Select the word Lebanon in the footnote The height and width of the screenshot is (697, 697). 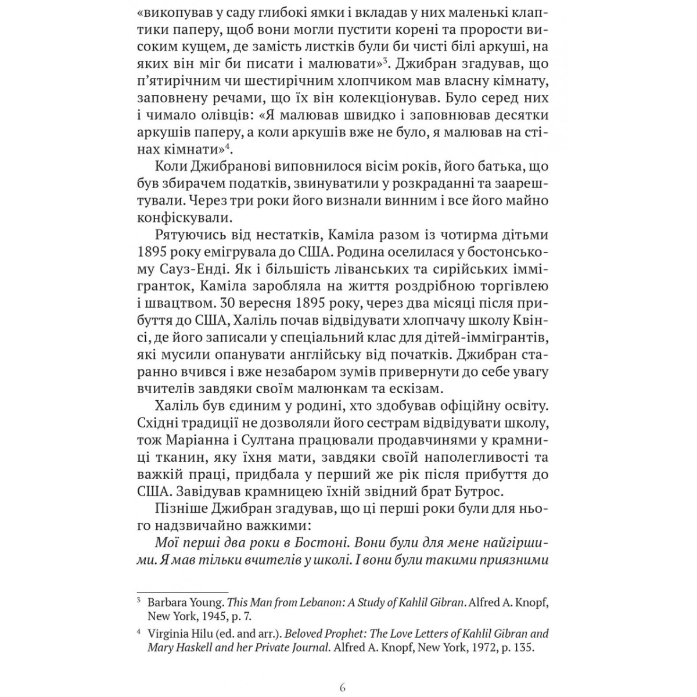point(303,602)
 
